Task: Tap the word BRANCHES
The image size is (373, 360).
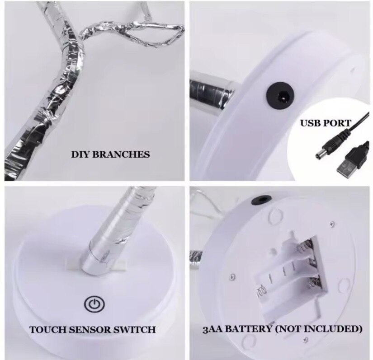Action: [121, 154]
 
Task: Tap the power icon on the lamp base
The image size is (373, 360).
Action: [94, 304]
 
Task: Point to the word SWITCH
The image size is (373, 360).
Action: [134, 330]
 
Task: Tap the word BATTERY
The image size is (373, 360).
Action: [248, 329]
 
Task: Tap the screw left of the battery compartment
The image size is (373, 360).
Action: [233, 277]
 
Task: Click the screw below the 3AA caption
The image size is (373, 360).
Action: [306, 340]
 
